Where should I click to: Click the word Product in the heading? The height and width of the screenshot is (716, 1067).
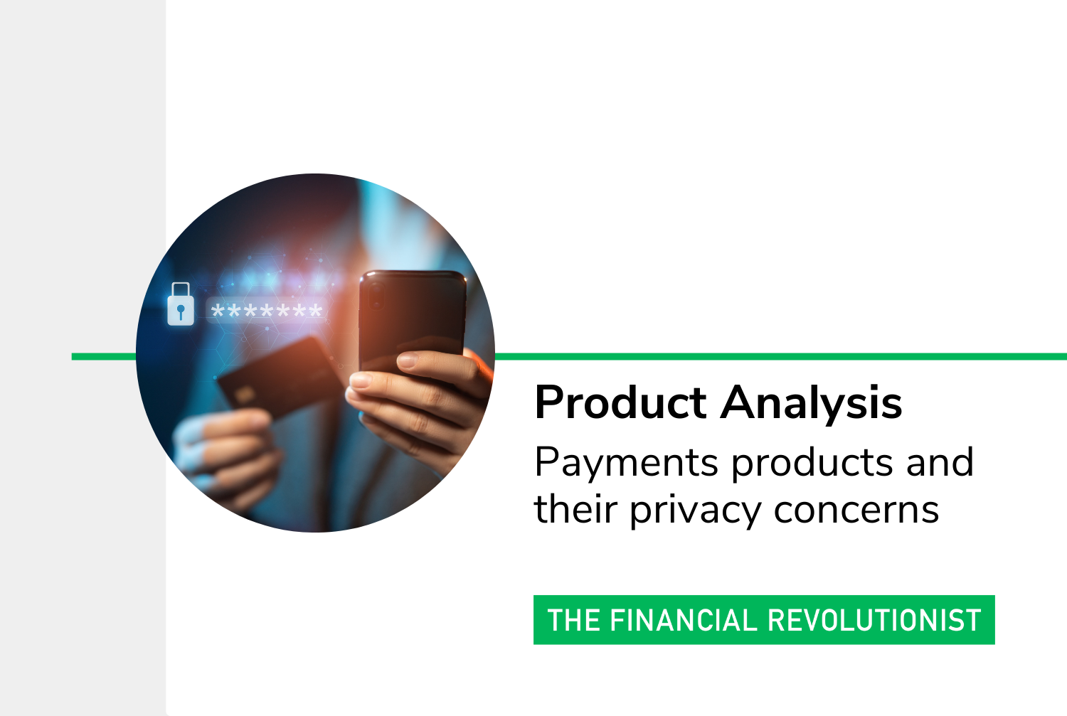coord(620,402)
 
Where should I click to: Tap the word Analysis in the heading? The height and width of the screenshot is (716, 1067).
coord(811,403)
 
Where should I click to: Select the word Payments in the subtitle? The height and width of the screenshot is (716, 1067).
coord(627,463)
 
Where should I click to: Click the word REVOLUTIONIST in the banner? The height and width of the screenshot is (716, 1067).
coord(874,620)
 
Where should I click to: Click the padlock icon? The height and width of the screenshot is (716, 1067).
coord(181,304)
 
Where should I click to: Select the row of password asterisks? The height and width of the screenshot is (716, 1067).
coord(267,311)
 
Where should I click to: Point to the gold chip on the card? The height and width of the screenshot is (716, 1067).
coord(244,394)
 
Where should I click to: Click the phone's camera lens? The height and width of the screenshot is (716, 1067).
coord(376,294)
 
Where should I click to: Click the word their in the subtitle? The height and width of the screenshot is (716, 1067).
coord(576,509)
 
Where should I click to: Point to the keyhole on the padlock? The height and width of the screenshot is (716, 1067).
coord(181,312)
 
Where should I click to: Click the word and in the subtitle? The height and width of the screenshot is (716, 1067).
coord(940,461)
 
